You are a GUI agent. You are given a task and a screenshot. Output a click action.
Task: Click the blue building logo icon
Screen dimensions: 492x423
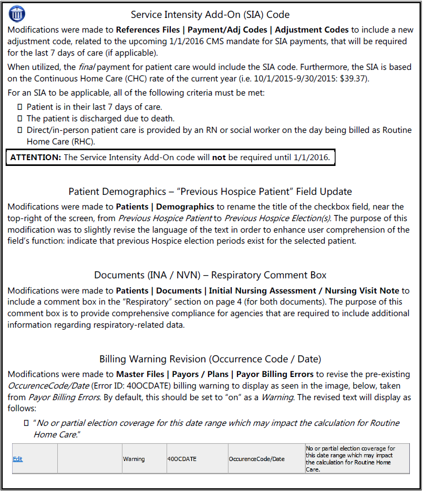tap(17, 13)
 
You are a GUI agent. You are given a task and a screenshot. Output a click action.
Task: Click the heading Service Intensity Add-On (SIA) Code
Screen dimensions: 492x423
tap(210, 15)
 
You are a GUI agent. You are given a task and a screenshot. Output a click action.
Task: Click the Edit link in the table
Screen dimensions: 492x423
tap(18, 459)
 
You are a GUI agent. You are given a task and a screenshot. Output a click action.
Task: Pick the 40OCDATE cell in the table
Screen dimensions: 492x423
tap(182, 459)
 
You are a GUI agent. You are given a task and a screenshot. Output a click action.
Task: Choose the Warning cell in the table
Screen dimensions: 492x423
tap(134, 459)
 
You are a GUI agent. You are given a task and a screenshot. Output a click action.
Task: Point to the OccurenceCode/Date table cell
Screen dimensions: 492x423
tap(256, 459)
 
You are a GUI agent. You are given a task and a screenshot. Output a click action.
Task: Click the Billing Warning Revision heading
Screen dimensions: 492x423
tap(210, 359)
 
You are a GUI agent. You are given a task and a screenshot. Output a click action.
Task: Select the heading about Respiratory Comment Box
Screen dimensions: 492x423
tap(210, 275)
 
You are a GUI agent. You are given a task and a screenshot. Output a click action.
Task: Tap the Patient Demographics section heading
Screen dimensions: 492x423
tap(210, 191)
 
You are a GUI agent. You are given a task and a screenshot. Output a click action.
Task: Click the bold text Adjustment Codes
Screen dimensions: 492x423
tap(312, 29)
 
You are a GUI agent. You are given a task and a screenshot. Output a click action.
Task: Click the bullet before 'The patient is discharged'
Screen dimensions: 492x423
tap(20, 119)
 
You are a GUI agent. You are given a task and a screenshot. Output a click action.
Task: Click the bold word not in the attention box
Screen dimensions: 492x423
tap(219, 158)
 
